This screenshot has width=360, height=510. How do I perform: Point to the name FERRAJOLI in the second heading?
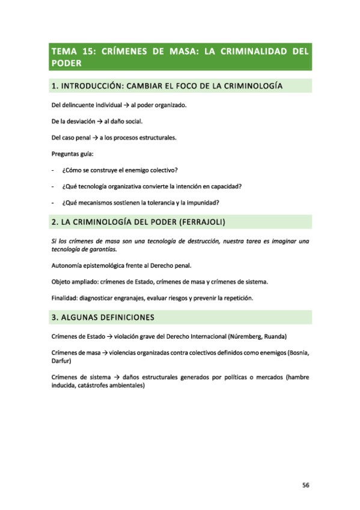[201, 223]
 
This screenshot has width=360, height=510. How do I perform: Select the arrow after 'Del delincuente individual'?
[126, 106]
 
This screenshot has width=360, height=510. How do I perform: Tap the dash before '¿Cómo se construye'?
[54, 170]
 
